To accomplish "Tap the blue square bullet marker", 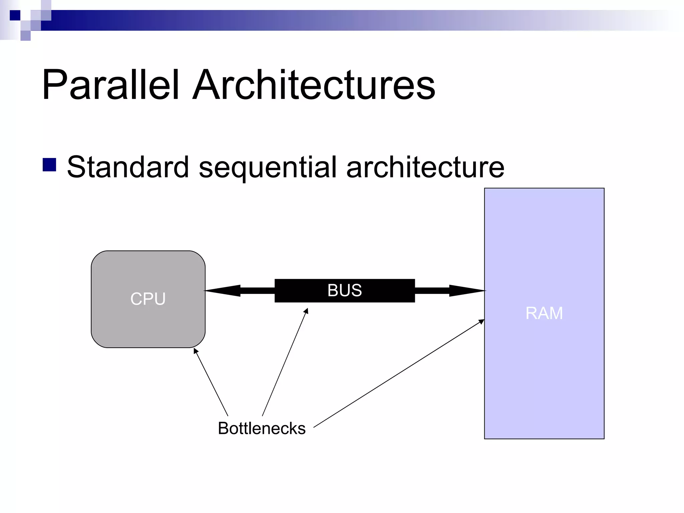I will (x=49, y=165).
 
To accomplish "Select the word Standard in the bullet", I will (x=128, y=167).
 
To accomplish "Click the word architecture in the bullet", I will (x=425, y=167).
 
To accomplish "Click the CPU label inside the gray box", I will (x=148, y=299).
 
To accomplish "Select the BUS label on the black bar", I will (x=344, y=290).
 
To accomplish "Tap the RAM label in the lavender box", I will (x=544, y=313).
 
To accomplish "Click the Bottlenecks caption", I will (x=262, y=428).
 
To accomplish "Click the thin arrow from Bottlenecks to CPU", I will (x=211, y=382).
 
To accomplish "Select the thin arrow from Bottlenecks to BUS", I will (x=285, y=363).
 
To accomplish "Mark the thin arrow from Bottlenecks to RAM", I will (x=399, y=373).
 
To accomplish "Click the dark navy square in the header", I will (x=15, y=15).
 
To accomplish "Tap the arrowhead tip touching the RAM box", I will (x=483, y=320).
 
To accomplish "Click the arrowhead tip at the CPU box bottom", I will (x=195, y=349).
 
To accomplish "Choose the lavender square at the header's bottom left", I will (x=25, y=36).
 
